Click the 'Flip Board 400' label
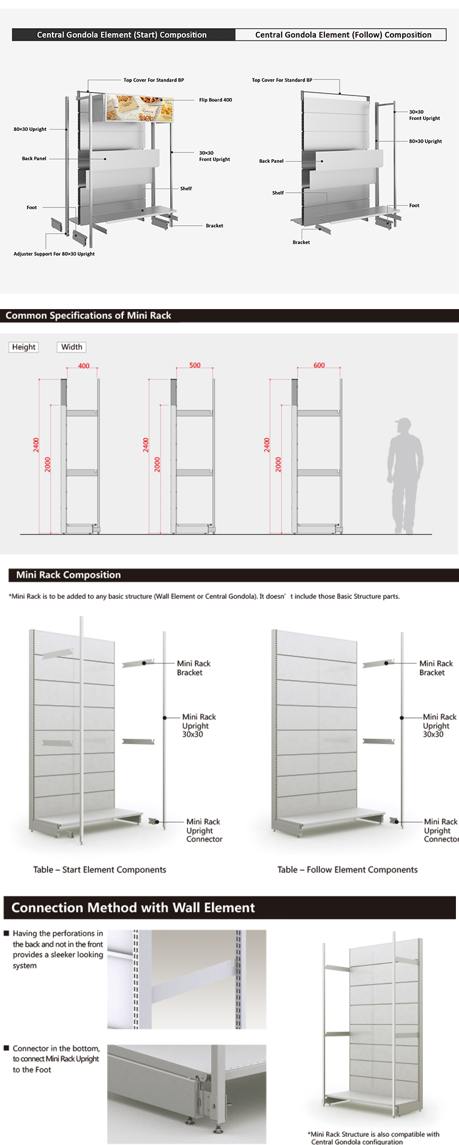pyautogui.click(x=215, y=100)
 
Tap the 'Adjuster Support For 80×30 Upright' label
pyautogui.click(x=54, y=254)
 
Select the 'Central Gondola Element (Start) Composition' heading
pyautogui.click(x=122, y=35)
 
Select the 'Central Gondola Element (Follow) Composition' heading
pyautogui.click(x=343, y=35)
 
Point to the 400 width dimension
pyautogui.click(x=84, y=366)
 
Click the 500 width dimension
pyautogui.click(x=195, y=365)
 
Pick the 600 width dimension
pyautogui.click(x=319, y=365)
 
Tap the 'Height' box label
pyautogui.click(x=24, y=347)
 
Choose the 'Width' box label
pyautogui.click(x=72, y=347)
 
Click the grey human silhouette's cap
pyautogui.click(x=403, y=422)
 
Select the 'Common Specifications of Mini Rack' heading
pyautogui.click(x=88, y=316)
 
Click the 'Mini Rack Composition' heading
pyautogui.click(x=69, y=575)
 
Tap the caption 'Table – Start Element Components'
pyautogui.click(x=100, y=870)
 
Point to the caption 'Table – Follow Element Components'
pyautogui.click(x=347, y=870)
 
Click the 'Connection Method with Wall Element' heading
pyautogui.click(x=133, y=908)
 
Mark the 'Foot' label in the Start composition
pyautogui.click(x=32, y=207)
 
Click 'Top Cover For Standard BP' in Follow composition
pyautogui.click(x=282, y=80)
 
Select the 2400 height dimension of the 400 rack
pyautogui.click(x=36, y=445)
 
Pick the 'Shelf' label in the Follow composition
pyautogui.click(x=278, y=193)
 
